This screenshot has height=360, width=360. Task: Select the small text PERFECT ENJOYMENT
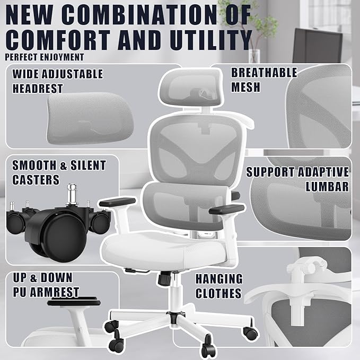tap(45, 57)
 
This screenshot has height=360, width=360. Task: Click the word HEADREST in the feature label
tap(38, 89)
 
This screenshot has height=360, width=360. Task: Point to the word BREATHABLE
tap(264, 73)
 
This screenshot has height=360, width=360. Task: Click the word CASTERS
tap(36, 180)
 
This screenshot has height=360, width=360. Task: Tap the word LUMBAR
tap(327, 187)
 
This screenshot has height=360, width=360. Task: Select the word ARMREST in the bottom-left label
tap(55, 292)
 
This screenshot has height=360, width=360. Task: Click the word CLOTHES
tap(218, 293)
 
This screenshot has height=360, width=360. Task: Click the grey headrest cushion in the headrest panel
tap(90, 118)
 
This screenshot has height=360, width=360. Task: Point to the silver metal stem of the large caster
tap(72, 194)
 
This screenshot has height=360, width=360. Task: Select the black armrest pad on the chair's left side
tap(117, 201)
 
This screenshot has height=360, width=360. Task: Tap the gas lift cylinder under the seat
tap(175, 292)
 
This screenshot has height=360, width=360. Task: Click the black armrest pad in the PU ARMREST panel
tap(74, 302)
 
